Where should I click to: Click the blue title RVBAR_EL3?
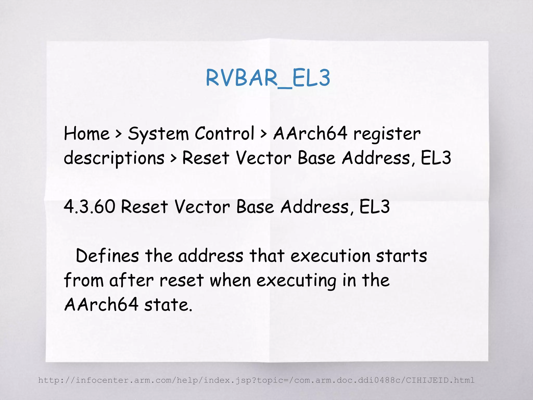click(268, 78)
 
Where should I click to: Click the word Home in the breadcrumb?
click(87, 134)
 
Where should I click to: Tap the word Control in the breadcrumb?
click(224, 133)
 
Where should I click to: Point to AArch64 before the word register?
click(310, 133)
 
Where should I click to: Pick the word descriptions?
click(114, 158)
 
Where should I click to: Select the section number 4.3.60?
click(89, 207)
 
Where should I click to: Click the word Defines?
click(107, 256)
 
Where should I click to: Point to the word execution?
click(330, 256)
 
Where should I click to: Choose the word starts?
click(401, 256)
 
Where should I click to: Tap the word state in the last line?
click(168, 305)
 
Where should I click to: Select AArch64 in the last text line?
click(101, 305)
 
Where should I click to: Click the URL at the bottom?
click(256, 380)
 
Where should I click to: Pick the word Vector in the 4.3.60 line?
click(202, 207)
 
